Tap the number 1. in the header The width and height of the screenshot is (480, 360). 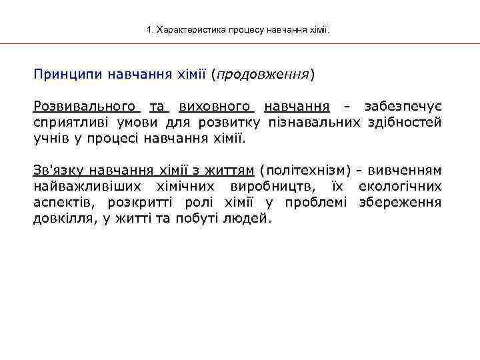click(149, 30)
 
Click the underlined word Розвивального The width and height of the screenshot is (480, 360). click(86, 107)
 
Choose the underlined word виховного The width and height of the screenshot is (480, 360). click(216, 107)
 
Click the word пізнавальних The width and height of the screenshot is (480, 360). click(313, 123)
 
